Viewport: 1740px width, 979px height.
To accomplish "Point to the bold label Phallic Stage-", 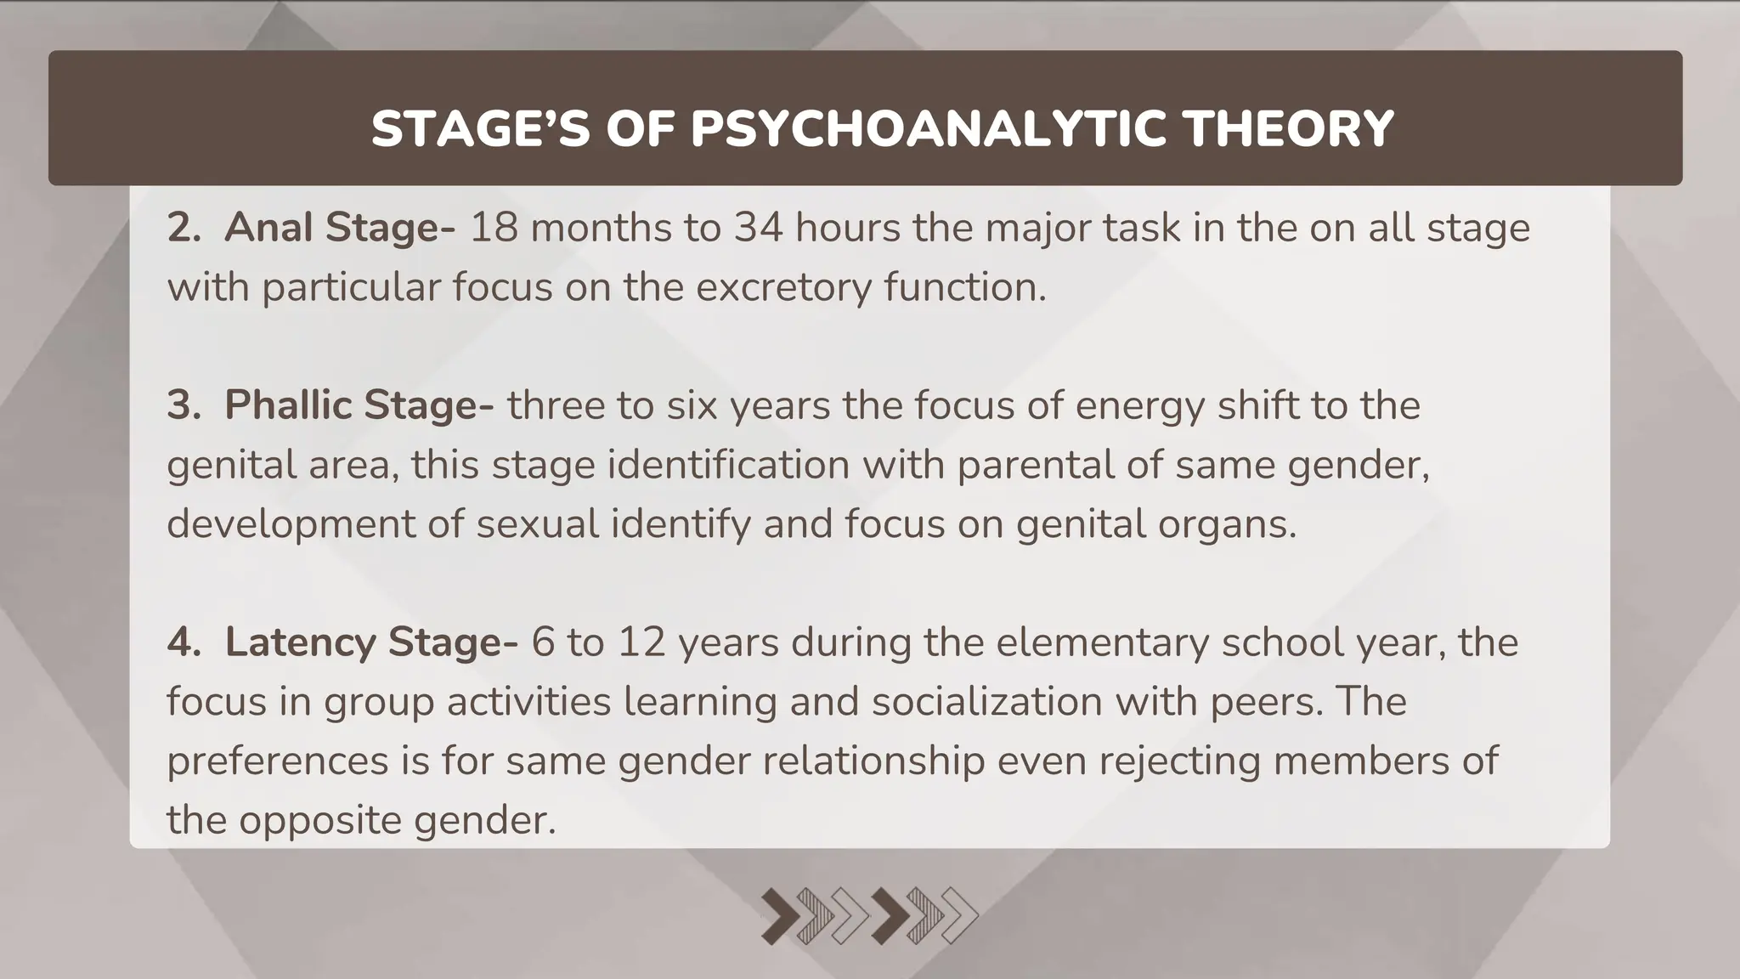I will click(x=359, y=405).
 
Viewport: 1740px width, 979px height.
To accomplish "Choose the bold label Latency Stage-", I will click(x=371, y=642).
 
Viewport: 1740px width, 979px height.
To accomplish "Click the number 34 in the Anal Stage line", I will click(x=759, y=228).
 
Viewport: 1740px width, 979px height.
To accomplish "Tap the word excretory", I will click(x=783, y=287).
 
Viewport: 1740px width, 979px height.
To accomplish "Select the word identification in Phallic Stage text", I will click(x=728, y=465).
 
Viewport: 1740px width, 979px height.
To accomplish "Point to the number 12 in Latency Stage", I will click(x=641, y=642).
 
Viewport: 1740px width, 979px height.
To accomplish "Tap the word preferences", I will click(x=276, y=761).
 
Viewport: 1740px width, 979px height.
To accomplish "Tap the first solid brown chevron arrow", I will click(x=780, y=916).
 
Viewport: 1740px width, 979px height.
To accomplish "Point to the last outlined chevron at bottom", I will click(x=960, y=916).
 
